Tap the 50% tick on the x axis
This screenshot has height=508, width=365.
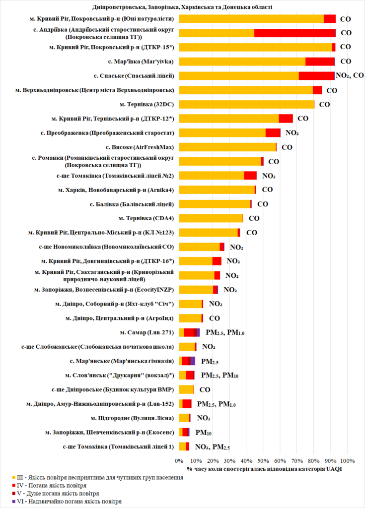point(263,460)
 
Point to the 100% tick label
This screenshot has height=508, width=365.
point(347,460)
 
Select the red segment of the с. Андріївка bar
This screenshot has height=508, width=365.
point(295,33)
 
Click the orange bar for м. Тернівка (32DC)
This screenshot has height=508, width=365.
point(246,104)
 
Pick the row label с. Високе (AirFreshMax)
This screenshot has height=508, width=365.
point(140,147)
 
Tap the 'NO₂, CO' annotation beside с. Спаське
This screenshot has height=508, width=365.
point(350,75)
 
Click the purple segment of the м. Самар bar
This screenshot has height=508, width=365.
point(198,332)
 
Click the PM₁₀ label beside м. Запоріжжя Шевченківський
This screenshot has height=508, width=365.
point(204,433)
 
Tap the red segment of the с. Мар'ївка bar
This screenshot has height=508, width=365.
point(320,62)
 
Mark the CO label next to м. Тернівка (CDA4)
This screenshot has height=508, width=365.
point(254,218)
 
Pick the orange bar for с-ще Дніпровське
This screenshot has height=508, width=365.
point(186,389)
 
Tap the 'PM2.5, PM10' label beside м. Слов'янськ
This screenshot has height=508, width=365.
point(220,376)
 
